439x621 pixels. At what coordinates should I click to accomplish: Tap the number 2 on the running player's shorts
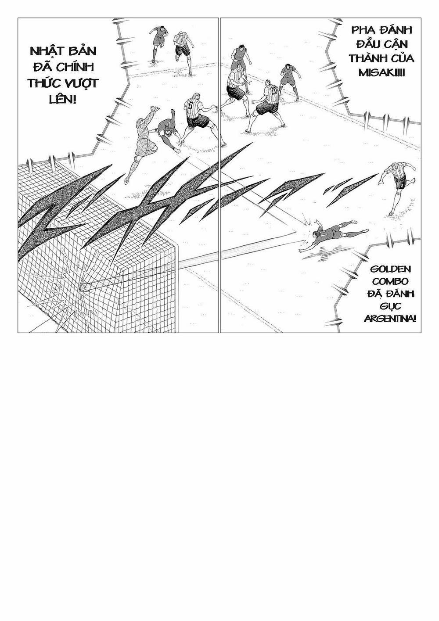pos(402,185)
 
